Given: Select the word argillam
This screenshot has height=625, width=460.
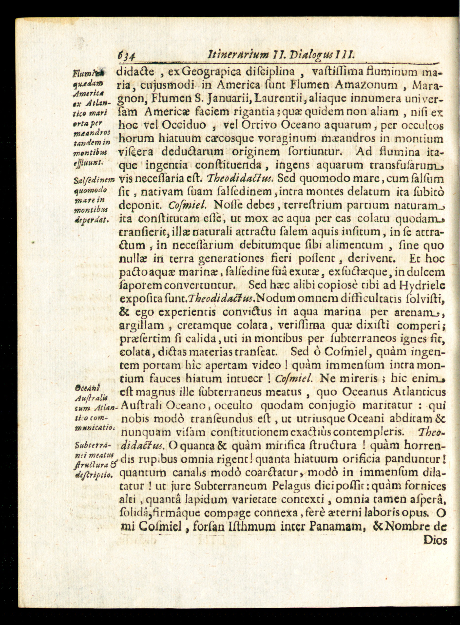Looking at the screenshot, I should (141, 325).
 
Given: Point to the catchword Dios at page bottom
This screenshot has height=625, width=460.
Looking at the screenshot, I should (435, 540).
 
